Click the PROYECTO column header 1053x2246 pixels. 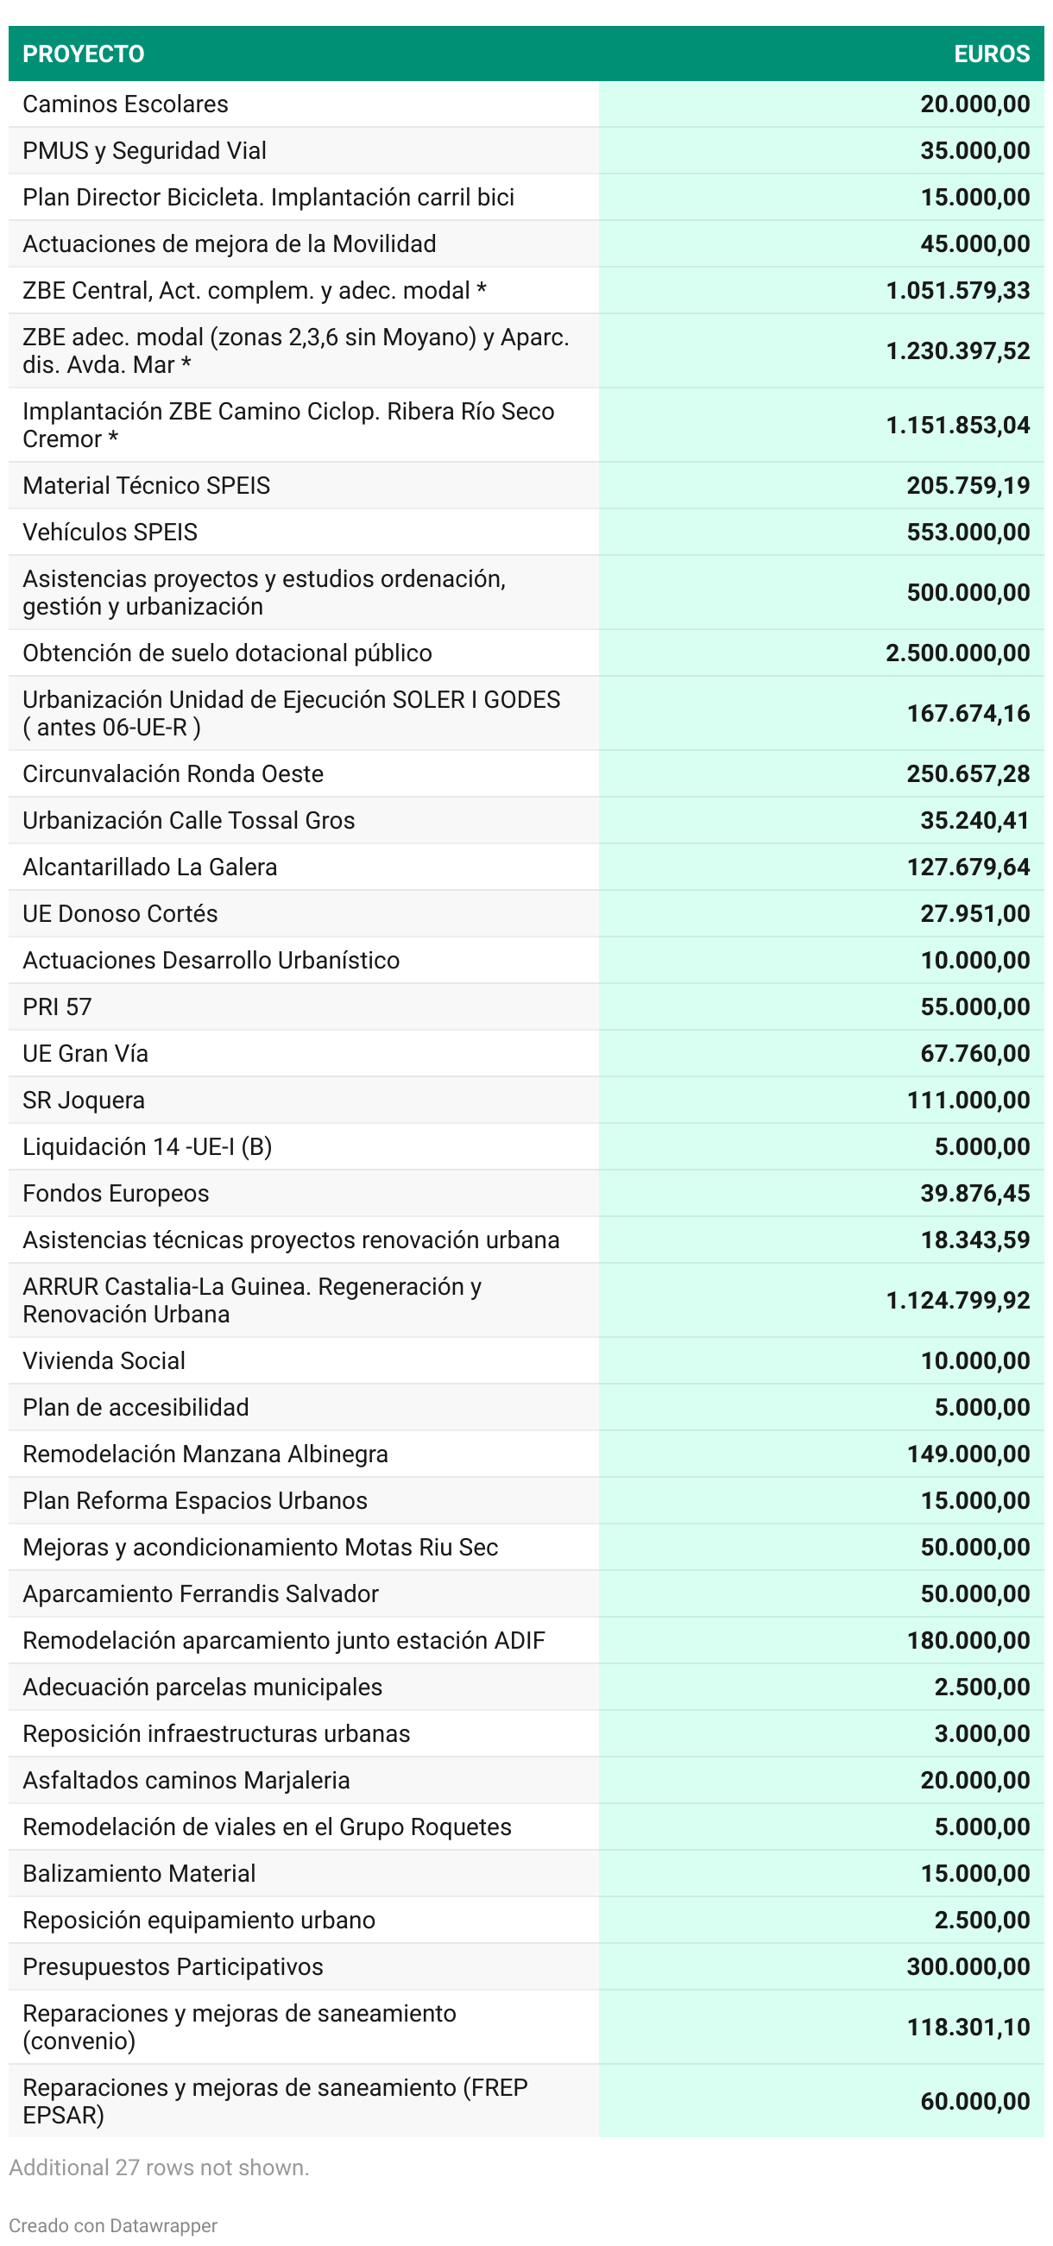coord(84,54)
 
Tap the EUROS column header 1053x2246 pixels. coord(991,54)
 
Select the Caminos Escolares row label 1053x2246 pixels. coord(125,104)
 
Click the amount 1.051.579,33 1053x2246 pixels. coord(957,290)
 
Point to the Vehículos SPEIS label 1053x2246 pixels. coord(110,532)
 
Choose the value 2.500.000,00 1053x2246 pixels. coord(957,653)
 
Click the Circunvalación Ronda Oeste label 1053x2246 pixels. coord(173,774)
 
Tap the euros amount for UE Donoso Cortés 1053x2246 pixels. coord(974,914)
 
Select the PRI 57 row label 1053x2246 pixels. coord(57,1007)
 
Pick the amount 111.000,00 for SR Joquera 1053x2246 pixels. coord(968,1101)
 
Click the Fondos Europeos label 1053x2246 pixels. coord(116,1194)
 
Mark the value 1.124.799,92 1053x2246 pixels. coord(957,1301)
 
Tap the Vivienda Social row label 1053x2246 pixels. coord(104,1361)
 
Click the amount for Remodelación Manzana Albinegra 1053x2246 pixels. coord(968,1454)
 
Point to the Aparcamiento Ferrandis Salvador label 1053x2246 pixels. coord(200,1593)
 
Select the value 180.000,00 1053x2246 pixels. coord(968,1641)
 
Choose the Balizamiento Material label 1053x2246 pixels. coord(139,1874)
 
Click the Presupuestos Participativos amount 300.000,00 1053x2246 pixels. coord(968,1967)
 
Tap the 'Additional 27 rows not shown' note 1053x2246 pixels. coord(160,2167)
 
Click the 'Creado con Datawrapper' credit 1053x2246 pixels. coord(113,2225)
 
